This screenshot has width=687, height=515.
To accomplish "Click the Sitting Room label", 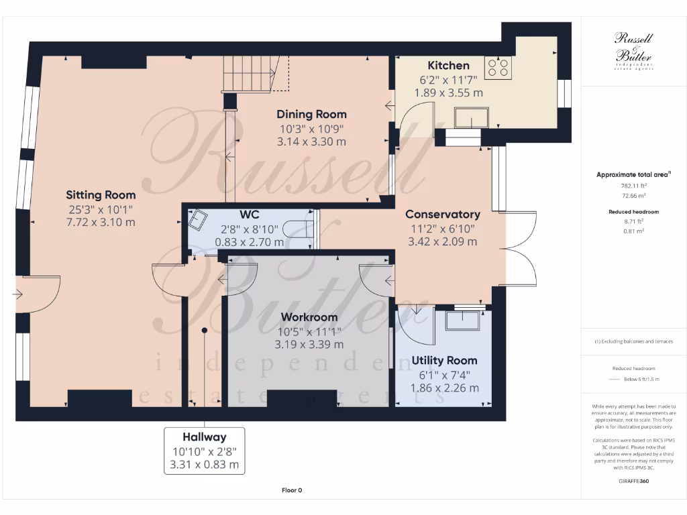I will tap(101, 195).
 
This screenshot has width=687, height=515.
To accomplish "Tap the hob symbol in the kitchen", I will tap(498, 66).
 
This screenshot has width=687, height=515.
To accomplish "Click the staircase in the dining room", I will tap(248, 73).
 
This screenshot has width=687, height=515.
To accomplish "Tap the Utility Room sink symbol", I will tap(464, 320).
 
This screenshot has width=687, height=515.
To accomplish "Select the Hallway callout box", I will tap(205, 451).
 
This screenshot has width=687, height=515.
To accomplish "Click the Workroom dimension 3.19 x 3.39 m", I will tap(309, 345).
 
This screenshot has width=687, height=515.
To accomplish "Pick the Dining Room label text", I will tap(311, 115).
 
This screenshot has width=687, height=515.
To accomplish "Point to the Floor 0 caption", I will tap(292, 490).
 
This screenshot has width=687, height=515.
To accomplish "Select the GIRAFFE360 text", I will tap(634, 481).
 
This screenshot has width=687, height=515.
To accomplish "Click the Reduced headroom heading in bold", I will tap(633, 212).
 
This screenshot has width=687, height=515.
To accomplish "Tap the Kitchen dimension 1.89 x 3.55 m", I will tap(451, 93).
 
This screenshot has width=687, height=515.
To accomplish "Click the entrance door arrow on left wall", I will tap(19, 294).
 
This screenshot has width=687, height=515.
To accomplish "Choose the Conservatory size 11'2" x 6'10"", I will tap(442, 229).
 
